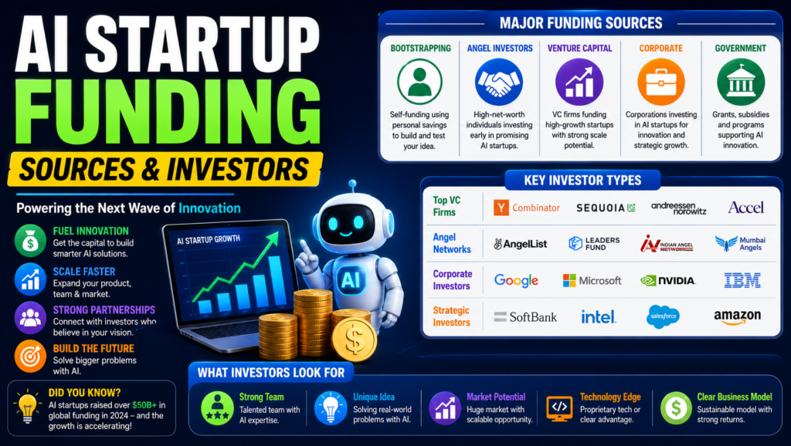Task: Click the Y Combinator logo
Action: point(527,208)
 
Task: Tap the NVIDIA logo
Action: point(668,281)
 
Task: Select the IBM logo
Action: point(742,280)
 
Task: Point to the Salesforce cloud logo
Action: point(663,316)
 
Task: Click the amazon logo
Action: point(737,317)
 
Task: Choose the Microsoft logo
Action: point(592,281)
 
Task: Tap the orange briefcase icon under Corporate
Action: point(661,82)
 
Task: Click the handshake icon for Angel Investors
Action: point(499,82)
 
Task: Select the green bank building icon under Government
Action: point(741,82)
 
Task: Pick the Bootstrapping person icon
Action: point(419,82)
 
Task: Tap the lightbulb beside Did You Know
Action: point(27,407)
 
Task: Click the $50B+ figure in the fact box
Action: point(144,404)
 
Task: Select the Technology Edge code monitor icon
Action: point(559,408)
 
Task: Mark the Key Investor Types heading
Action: point(582,181)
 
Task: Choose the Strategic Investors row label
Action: point(451,316)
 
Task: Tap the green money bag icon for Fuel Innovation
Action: point(30,241)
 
